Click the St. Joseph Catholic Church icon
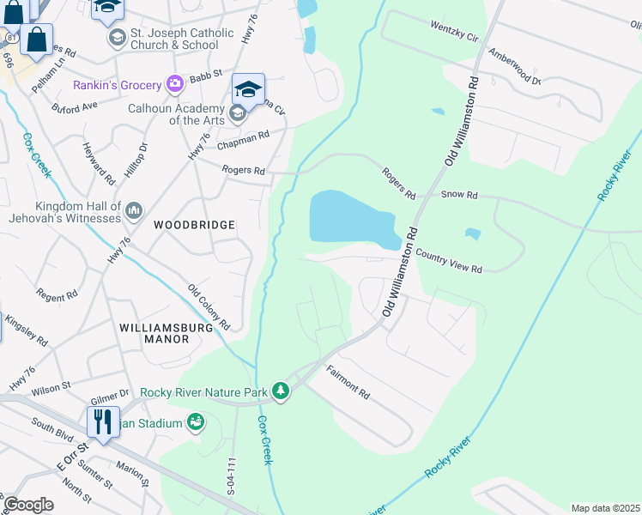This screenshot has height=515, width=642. coord(116,39)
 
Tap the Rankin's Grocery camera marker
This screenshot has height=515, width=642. coord(175,85)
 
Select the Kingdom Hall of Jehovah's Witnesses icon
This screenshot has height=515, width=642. coord(134,211)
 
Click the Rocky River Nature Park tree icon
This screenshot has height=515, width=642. coord(281,391)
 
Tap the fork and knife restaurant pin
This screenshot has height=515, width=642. coord(102,421)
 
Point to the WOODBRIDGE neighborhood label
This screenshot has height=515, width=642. coord(194,225)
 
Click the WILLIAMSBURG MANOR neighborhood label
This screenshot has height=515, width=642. coord(154,333)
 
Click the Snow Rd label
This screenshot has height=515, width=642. coord(459,195)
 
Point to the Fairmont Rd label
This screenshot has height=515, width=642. coord(348,382)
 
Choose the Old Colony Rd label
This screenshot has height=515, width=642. coord(209,307)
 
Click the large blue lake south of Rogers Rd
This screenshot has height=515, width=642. coord(348,216)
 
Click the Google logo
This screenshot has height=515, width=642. coord(28,504)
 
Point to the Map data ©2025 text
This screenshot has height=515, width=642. coord(605,508)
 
